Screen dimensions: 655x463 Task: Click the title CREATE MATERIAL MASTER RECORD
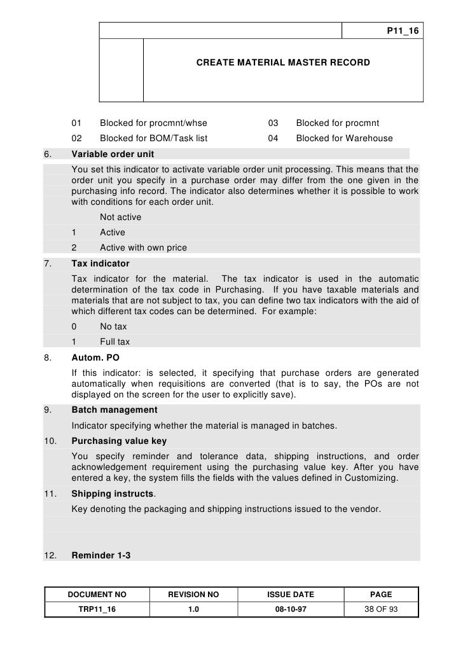pyautogui.click(x=282, y=64)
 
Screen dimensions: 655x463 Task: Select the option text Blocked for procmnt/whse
pyautogui.click(x=153, y=123)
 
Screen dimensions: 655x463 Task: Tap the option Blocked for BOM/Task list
pyautogui.click(x=154, y=138)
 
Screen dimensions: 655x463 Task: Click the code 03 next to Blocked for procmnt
pyautogui.click(x=273, y=123)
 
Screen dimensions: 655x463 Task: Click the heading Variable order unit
pyautogui.click(x=113, y=155)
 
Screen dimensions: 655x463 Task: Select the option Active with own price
pyautogui.click(x=143, y=247)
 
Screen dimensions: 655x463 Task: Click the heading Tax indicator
pyautogui.click(x=100, y=263)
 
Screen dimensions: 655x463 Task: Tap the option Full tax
pyautogui.click(x=115, y=341)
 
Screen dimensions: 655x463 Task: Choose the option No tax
pyautogui.click(x=114, y=326)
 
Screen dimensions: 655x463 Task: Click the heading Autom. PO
pyautogui.click(x=95, y=357)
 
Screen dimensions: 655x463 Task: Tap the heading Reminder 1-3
pyautogui.click(x=101, y=555)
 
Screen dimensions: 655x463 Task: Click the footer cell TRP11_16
pyautogui.click(x=97, y=609)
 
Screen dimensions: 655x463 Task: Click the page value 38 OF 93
pyautogui.click(x=381, y=609)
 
